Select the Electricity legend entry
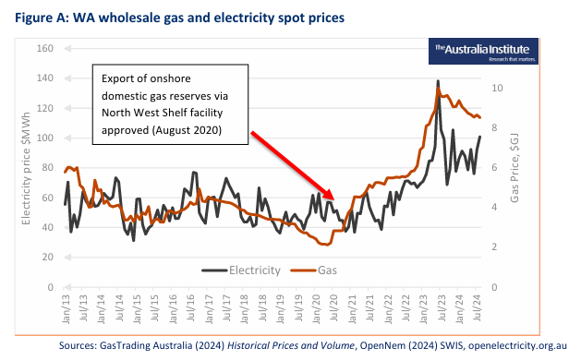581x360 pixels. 241,270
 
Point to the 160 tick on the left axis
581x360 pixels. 45,48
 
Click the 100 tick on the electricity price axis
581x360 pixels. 45,138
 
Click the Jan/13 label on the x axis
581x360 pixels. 66,310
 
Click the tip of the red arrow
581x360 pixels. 336,197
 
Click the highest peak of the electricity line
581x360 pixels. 438,81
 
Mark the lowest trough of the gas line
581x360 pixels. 324,245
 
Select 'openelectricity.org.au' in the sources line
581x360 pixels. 518,345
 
